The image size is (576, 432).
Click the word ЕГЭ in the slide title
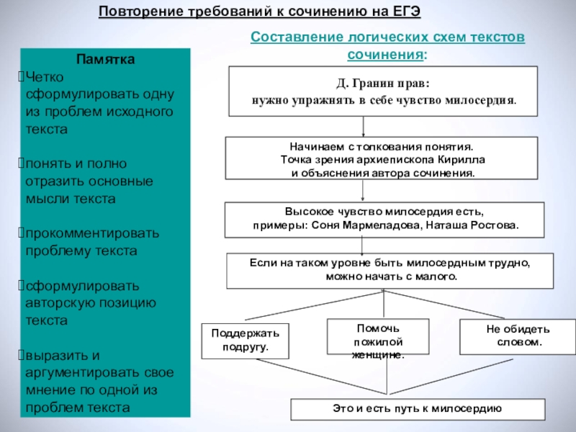[x=402, y=12]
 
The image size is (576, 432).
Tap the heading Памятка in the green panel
[x=105, y=59]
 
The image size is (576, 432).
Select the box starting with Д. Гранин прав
[x=383, y=91]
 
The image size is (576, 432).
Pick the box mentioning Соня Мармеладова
[x=383, y=220]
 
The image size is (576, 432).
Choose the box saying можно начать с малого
[x=390, y=270]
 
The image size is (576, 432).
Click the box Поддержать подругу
[x=245, y=341]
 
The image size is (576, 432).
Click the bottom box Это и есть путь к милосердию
[x=417, y=408]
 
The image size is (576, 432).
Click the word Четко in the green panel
[x=47, y=77]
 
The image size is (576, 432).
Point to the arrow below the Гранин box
[x=364, y=127]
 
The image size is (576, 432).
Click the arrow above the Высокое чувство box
[x=364, y=192]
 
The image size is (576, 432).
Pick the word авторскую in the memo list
[x=60, y=302]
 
